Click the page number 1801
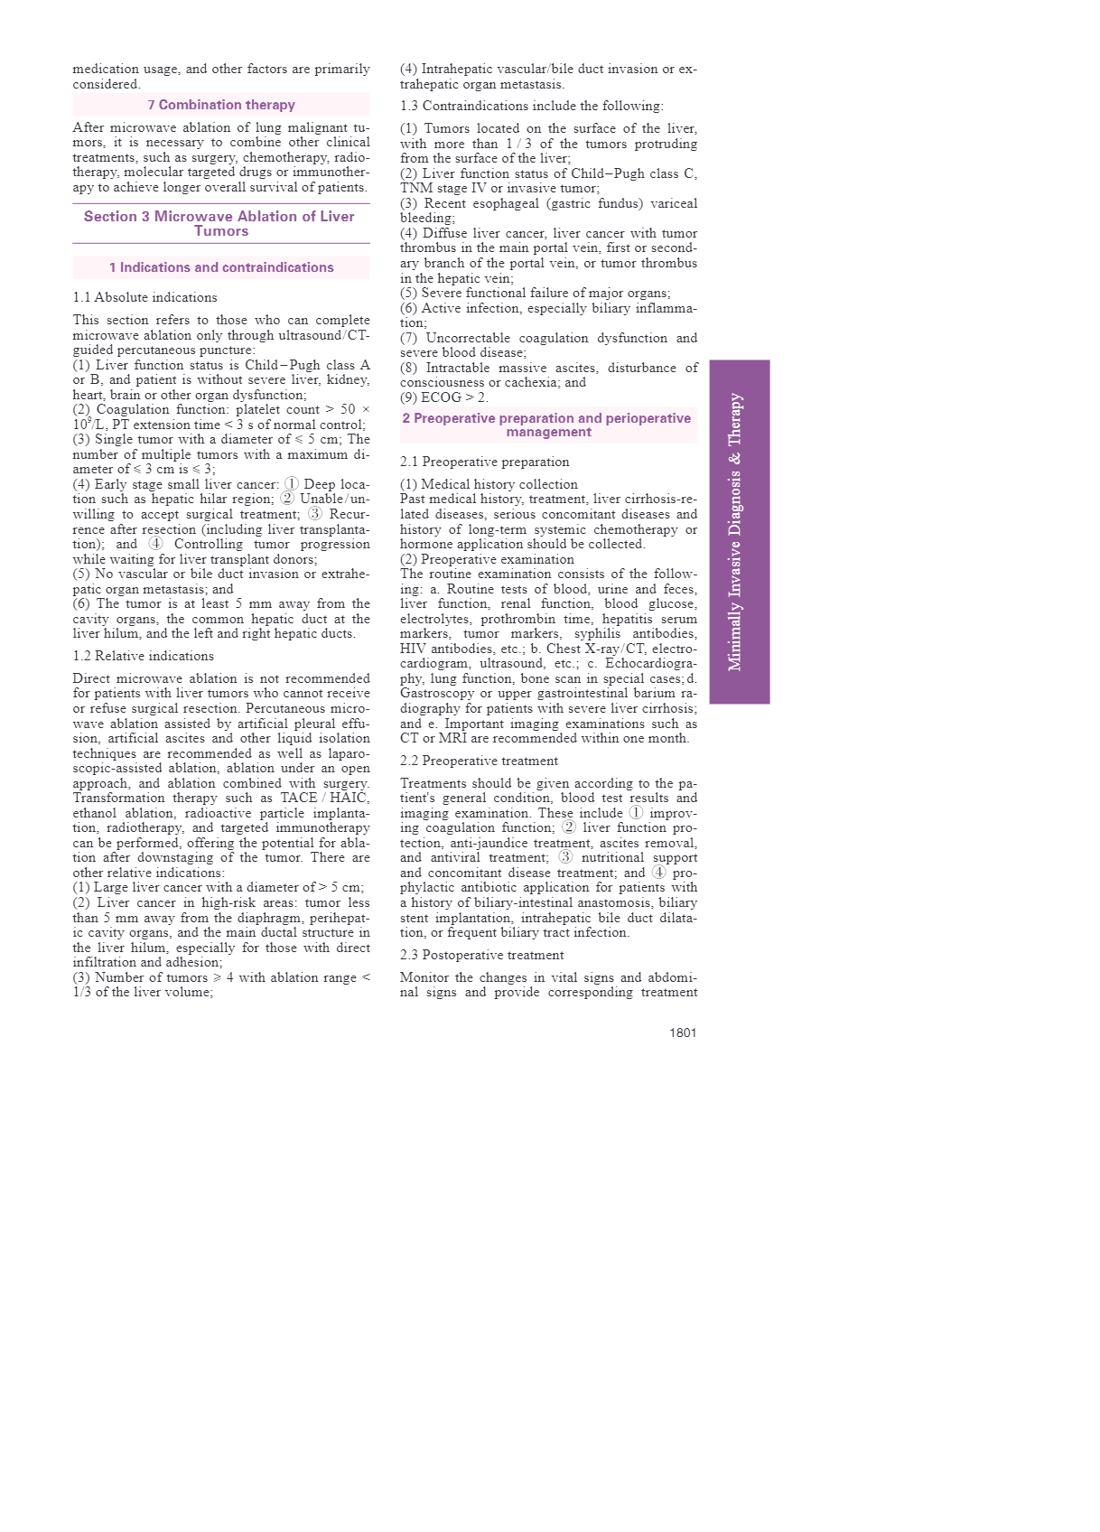[683, 1032]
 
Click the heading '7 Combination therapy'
[221, 105]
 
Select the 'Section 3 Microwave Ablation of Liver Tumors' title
[219, 223]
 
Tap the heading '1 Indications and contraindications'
[221, 267]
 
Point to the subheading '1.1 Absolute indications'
[144, 297]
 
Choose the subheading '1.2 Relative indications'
[143, 656]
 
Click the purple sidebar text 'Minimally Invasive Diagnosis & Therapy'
[736, 532]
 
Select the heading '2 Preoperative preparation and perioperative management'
[547, 425]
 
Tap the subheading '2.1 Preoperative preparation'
[484, 462]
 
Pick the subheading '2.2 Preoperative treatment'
[479, 761]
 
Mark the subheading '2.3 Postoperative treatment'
[481, 955]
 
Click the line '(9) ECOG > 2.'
[443, 397]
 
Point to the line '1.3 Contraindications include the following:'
[531, 106]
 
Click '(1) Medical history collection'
[489, 484]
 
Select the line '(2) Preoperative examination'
[487, 559]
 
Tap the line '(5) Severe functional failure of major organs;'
[535, 293]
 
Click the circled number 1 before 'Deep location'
[292, 484]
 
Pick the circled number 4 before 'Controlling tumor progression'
[156, 544]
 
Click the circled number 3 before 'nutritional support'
[565, 857]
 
